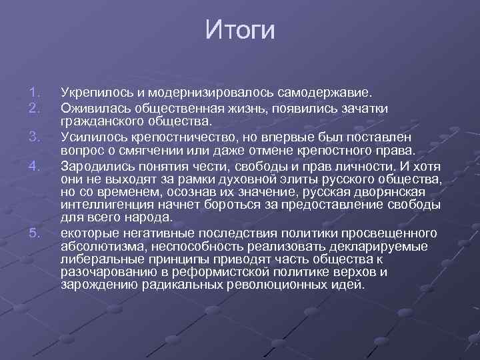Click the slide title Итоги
click(x=240, y=30)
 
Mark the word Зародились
click(x=95, y=164)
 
